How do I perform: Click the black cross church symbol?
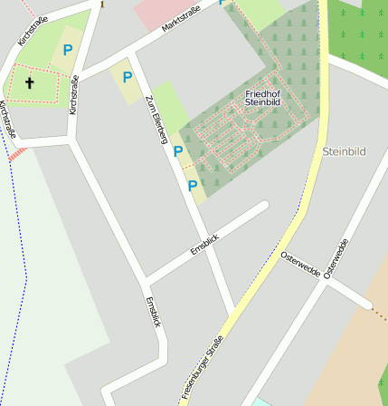coord(29,83)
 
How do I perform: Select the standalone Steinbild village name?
coord(344,151)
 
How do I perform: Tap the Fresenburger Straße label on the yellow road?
coord(202,367)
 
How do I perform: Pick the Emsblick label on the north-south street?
coord(154,311)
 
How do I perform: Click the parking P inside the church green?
coord(67,51)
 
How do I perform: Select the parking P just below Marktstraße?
coord(128,78)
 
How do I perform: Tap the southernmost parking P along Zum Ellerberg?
coord(192,186)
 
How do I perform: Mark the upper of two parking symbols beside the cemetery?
coord(178,152)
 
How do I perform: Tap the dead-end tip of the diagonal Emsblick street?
coord(264,207)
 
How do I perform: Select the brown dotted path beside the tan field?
coord(379,313)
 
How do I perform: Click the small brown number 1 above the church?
coord(101,5)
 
